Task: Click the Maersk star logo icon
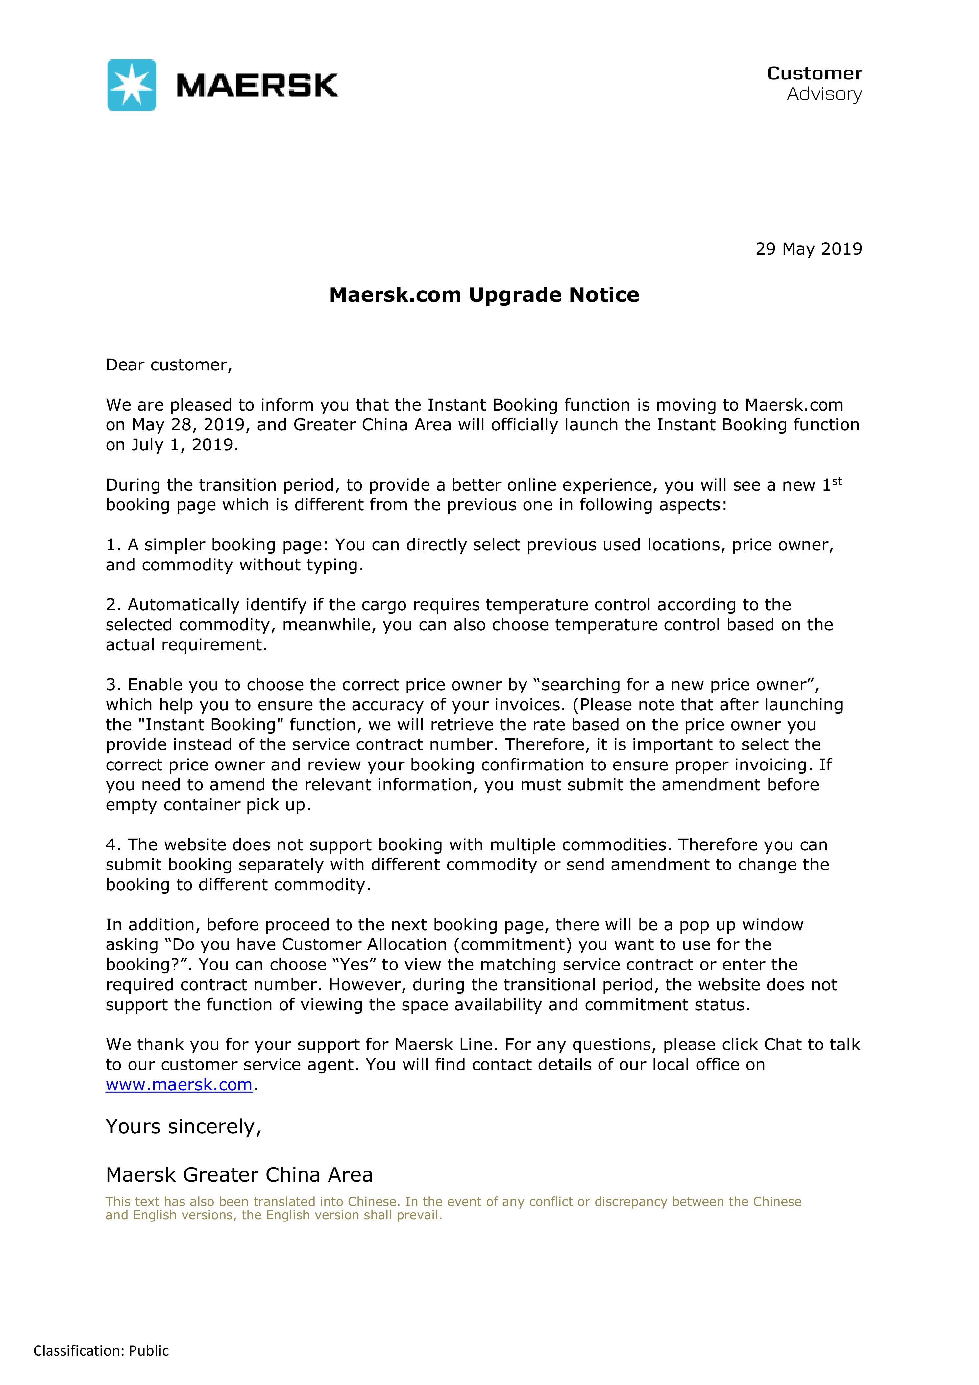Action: tap(132, 85)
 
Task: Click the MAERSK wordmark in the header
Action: tap(257, 85)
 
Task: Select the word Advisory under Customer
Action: tap(824, 94)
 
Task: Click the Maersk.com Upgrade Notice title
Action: tap(484, 295)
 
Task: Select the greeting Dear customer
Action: tap(169, 365)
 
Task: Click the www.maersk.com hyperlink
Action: tap(179, 1085)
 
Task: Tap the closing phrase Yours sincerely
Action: tap(183, 1127)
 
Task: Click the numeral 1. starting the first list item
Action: tap(113, 545)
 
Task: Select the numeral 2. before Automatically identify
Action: tap(114, 605)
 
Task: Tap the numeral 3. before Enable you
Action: tap(114, 685)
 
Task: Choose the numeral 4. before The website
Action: tap(114, 845)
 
